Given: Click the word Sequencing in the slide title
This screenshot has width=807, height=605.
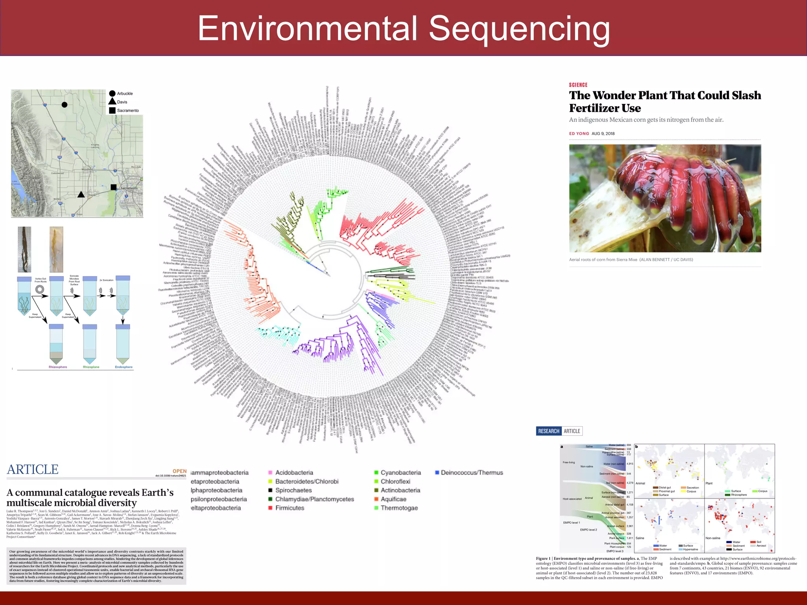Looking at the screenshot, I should click(519, 28).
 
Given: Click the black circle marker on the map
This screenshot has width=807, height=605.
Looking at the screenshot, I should click(65, 104).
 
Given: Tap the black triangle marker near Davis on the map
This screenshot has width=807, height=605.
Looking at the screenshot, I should click(81, 194).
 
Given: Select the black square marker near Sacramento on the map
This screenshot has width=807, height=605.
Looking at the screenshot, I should click(113, 187).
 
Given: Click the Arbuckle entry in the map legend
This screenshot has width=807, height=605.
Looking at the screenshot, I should click(125, 94).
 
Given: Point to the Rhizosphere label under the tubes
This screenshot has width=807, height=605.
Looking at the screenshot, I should click(58, 367).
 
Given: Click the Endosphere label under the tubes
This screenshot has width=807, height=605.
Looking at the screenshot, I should click(124, 367).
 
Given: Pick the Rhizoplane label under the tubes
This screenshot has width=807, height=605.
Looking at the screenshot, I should click(91, 367).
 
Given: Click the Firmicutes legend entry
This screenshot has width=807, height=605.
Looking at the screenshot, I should click(289, 508).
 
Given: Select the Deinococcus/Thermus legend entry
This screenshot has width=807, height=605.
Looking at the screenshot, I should click(471, 473).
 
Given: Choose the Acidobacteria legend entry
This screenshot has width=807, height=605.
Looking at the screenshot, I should click(294, 473).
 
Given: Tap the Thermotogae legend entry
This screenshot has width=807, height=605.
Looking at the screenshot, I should click(399, 508).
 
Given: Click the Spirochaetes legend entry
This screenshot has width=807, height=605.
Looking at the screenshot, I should click(293, 490).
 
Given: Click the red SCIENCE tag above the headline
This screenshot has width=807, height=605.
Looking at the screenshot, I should click(578, 85).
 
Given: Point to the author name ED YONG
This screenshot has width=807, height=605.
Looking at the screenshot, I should click(579, 134).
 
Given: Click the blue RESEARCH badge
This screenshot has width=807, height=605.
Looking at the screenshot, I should click(549, 431).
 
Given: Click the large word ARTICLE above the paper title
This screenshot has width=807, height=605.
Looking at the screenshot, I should click(33, 470).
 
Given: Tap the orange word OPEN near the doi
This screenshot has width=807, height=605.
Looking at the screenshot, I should click(179, 471).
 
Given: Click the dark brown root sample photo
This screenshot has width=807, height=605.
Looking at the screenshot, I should click(24, 249).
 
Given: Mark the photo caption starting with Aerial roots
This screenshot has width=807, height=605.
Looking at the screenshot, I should click(631, 260).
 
